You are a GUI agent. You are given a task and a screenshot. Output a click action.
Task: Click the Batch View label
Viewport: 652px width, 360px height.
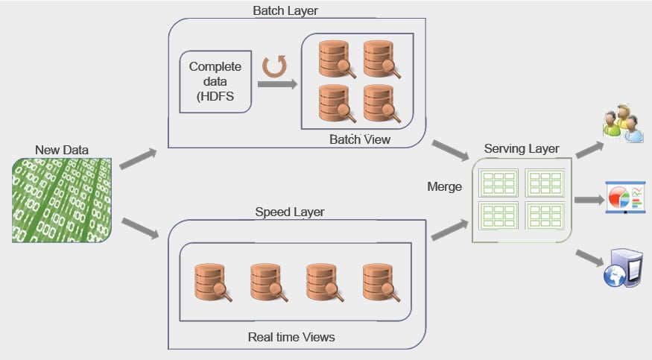[x=359, y=139]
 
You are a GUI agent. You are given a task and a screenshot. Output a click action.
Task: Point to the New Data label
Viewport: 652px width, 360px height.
[x=62, y=150]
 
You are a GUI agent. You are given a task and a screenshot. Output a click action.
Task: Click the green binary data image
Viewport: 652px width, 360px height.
[x=63, y=200]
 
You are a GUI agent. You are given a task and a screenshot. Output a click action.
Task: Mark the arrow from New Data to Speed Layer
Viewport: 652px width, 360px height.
[x=139, y=228]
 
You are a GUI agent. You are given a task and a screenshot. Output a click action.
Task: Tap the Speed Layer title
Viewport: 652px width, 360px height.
[x=290, y=212]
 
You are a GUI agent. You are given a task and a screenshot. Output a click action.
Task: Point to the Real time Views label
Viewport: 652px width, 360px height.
[x=291, y=337]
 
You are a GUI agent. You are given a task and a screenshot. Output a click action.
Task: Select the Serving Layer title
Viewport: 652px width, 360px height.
[x=522, y=149]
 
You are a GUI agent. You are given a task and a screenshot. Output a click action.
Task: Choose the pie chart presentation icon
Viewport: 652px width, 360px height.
[x=624, y=198]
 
